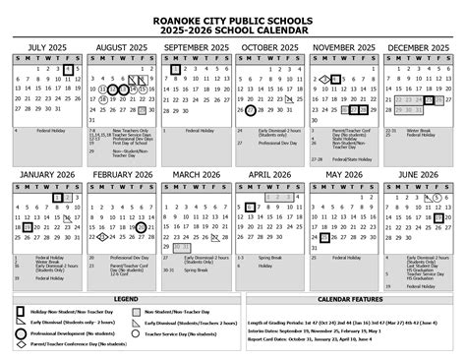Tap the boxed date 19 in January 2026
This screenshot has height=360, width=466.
click(27, 226)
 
